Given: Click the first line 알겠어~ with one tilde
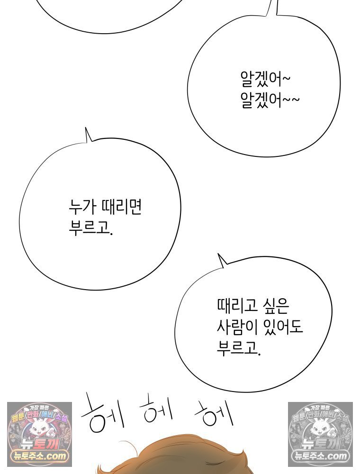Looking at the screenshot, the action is [265, 79].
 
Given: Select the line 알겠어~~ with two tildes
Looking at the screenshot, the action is [270, 100].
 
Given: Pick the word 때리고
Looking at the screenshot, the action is [237, 305].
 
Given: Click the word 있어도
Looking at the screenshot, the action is [283, 327].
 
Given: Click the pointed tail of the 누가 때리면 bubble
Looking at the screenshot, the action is [86, 128].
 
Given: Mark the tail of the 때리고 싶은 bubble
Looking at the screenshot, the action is [218, 254].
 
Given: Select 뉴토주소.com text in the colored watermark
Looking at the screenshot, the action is [39, 456].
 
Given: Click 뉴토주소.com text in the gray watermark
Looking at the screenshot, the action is [320, 456].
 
